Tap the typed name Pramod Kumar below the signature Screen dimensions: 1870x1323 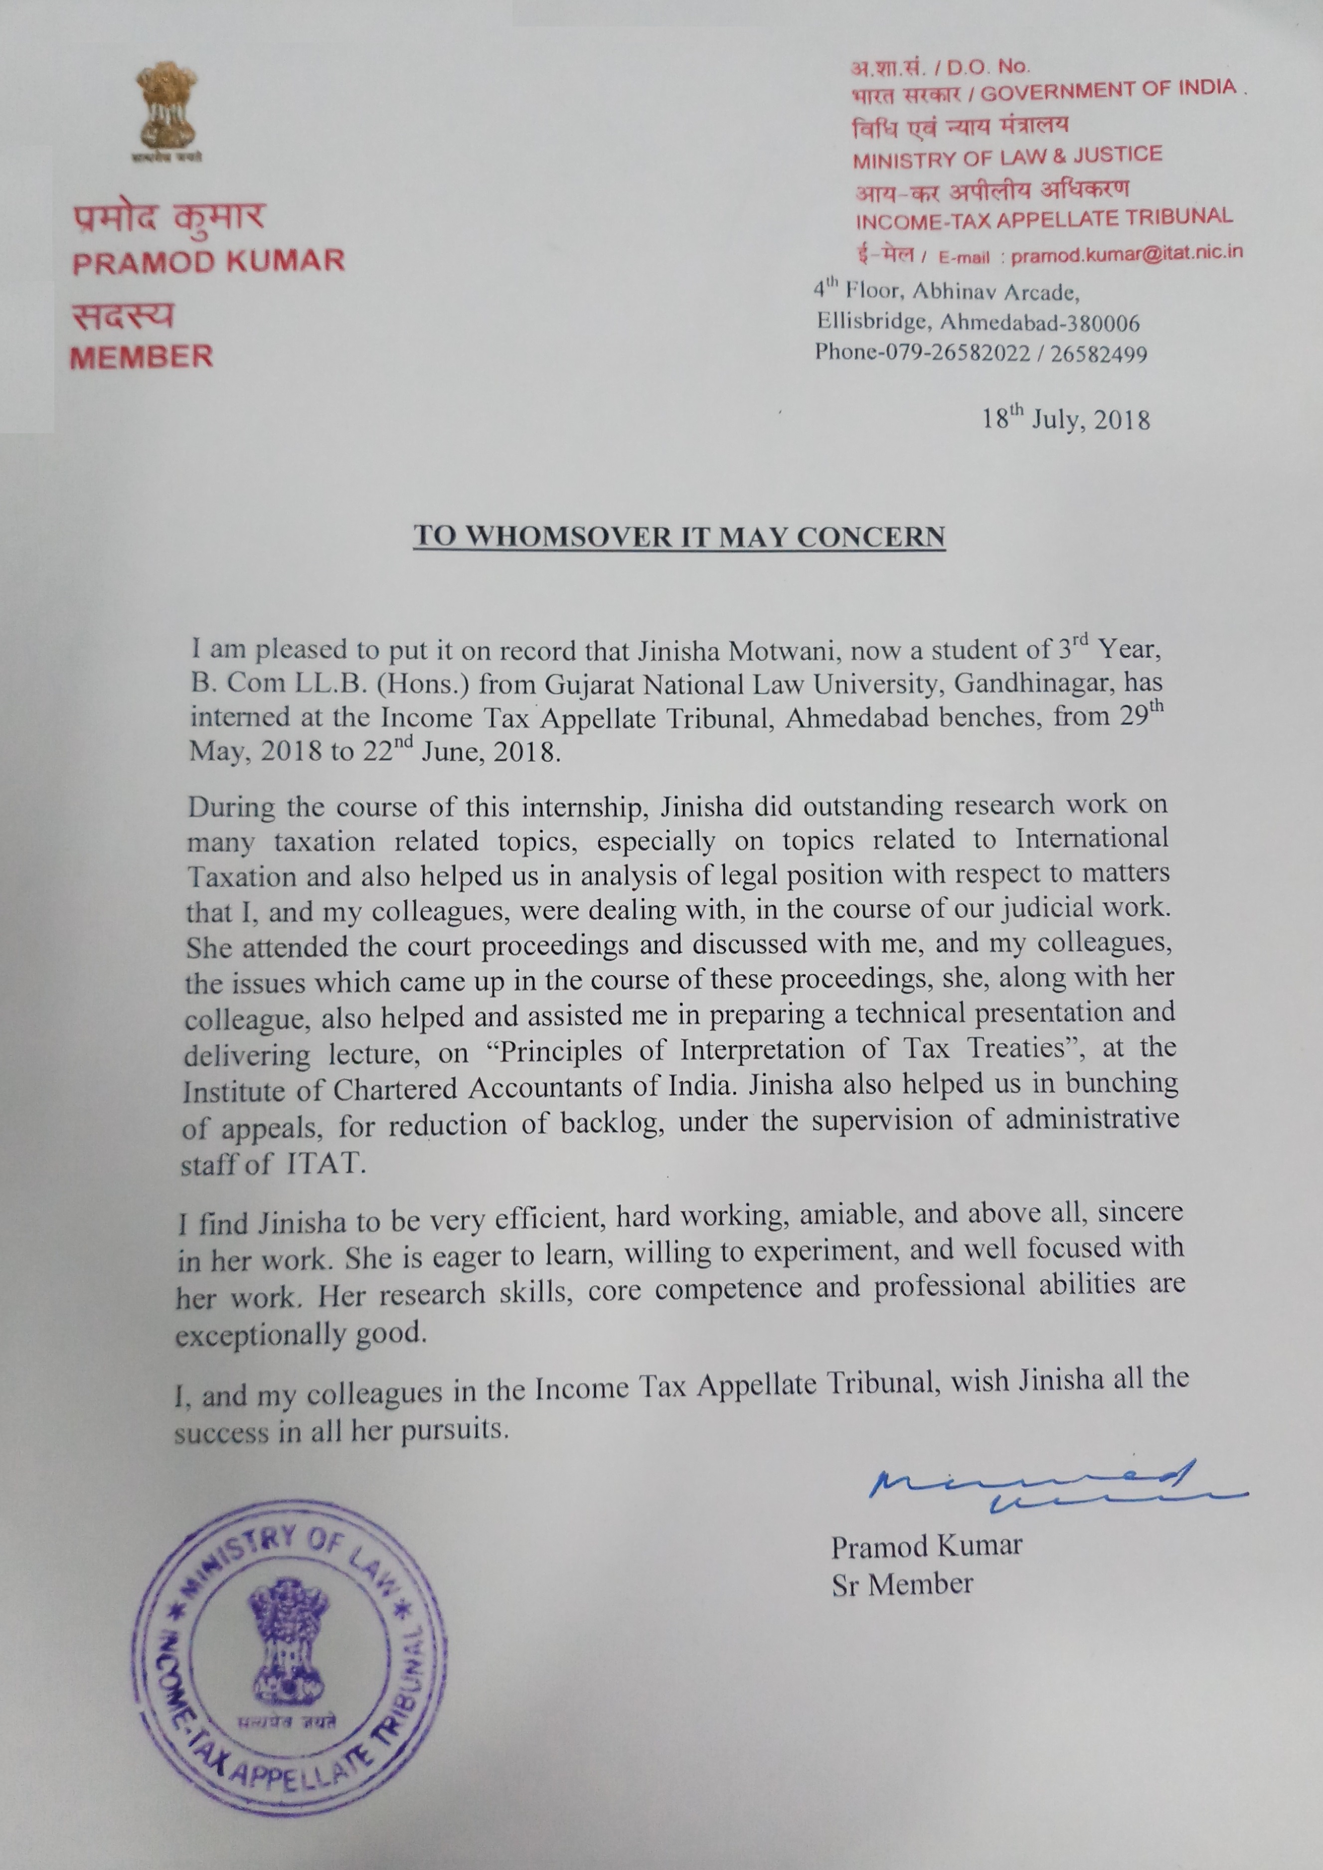point(926,1545)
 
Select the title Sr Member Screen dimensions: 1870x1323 point(902,1583)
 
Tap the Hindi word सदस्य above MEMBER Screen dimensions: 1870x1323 point(123,316)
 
